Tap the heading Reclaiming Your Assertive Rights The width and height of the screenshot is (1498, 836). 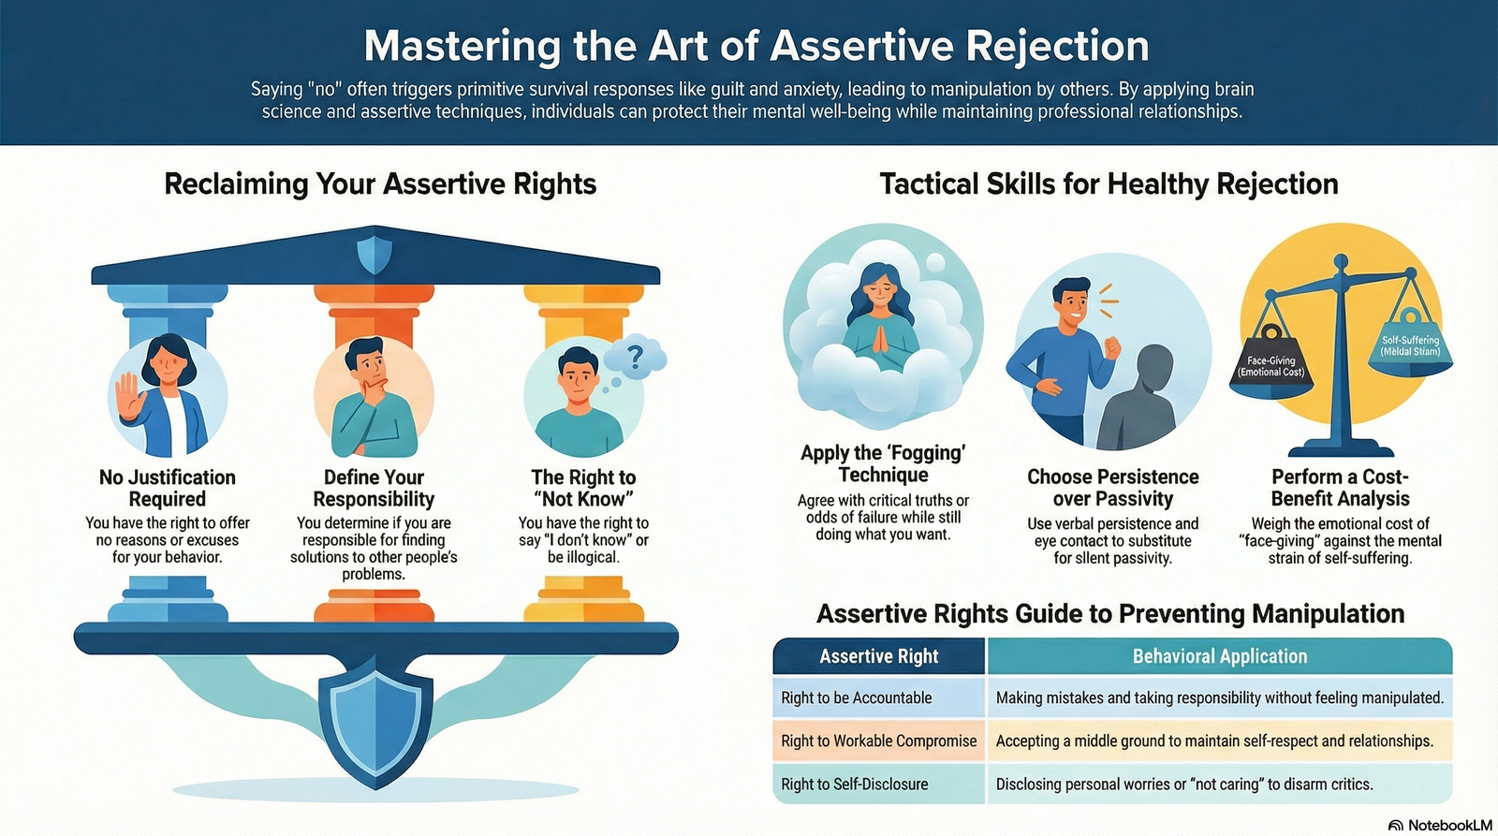pyautogui.click(x=380, y=183)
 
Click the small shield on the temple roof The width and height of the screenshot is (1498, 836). pyautogui.click(x=374, y=254)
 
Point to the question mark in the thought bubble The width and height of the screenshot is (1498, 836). pyautogui.click(x=636, y=356)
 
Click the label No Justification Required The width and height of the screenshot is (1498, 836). pyautogui.click(x=168, y=489)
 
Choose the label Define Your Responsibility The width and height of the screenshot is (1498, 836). pyautogui.click(x=374, y=489)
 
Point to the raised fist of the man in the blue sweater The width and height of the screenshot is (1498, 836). pyautogui.click(x=1112, y=347)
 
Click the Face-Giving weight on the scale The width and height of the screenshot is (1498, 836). pyautogui.click(x=1271, y=364)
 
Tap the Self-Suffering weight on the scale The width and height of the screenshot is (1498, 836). pyautogui.click(x=1410, y=346)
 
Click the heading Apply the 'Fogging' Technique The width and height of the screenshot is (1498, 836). pyautogui.click(x=884, y=463)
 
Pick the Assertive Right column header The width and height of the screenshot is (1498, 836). pyautogui.click(x=879, y=656)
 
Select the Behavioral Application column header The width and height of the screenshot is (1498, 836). pyautogui.click(x=1220, y=656)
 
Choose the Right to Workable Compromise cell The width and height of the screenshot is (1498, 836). pyautogui.click(x=879, y=741)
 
